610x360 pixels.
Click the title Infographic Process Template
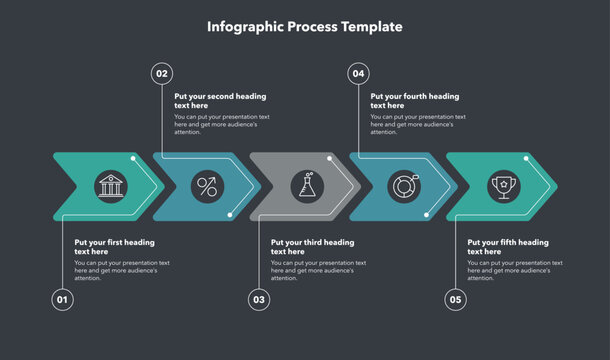305,27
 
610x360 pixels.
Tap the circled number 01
63,299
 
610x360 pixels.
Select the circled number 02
162,73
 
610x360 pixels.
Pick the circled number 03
259,299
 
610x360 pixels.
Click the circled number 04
359,73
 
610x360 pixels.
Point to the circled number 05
456,299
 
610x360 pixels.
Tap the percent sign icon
206,186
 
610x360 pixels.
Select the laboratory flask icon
304,186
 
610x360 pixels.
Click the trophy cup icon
500,186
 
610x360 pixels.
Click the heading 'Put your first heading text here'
114,247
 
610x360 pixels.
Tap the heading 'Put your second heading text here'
220,101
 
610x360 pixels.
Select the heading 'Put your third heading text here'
312,247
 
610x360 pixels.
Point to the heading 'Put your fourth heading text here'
414,101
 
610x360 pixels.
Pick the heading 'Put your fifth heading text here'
508,247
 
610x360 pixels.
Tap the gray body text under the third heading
318,270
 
